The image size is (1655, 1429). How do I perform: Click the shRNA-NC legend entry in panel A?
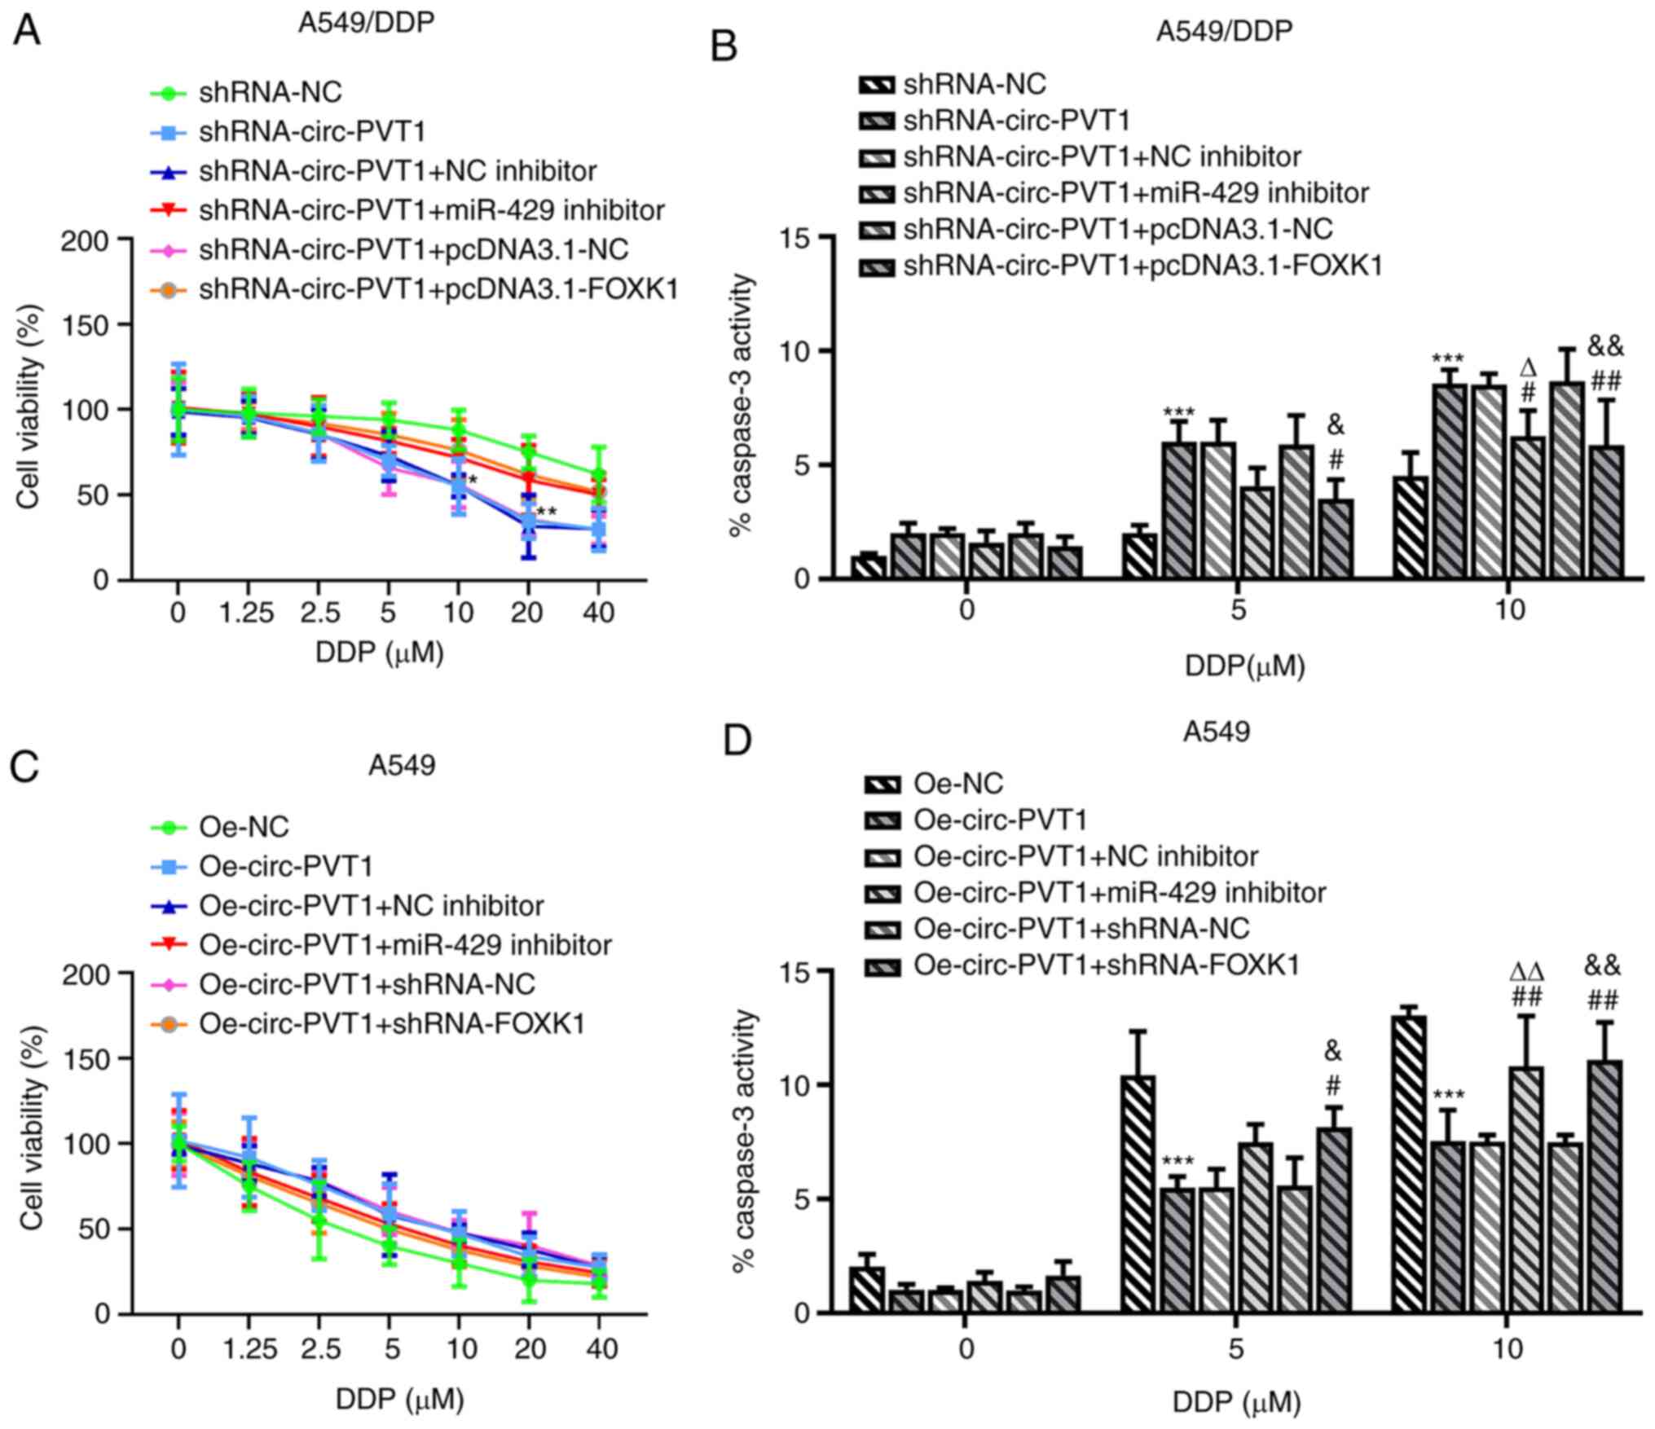click(270, 93)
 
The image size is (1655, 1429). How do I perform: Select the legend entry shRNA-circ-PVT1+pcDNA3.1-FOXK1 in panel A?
click(438, 289)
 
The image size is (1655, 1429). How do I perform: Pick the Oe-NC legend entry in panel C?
click(244, 828)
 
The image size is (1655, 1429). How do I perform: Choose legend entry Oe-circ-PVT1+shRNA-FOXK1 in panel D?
click(1105, 965)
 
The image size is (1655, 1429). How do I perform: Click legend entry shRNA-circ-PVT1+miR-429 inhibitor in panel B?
click(1135, 193)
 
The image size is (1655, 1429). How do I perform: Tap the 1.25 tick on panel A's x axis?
click(248, 612)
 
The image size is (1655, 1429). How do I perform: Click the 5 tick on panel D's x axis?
click(1236, 1348)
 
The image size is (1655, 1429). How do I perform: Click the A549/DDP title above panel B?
click(1224, 31)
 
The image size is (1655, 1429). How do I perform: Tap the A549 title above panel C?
click(402, 765)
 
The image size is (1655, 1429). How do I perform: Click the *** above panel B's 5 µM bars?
click(1178, 412)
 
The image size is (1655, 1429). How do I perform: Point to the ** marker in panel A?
click(547, 512)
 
